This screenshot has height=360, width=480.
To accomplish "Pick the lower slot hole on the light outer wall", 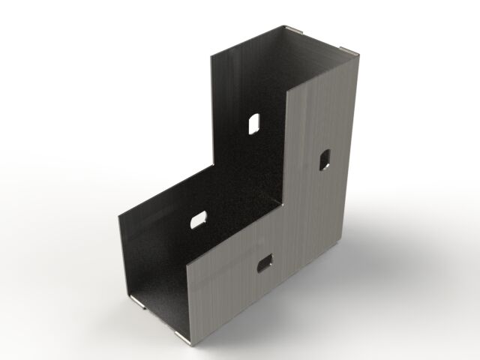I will (264, 262).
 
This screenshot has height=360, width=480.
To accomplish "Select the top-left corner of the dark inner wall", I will (211, 55).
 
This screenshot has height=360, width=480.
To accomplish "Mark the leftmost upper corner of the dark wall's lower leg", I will (118, 217).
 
